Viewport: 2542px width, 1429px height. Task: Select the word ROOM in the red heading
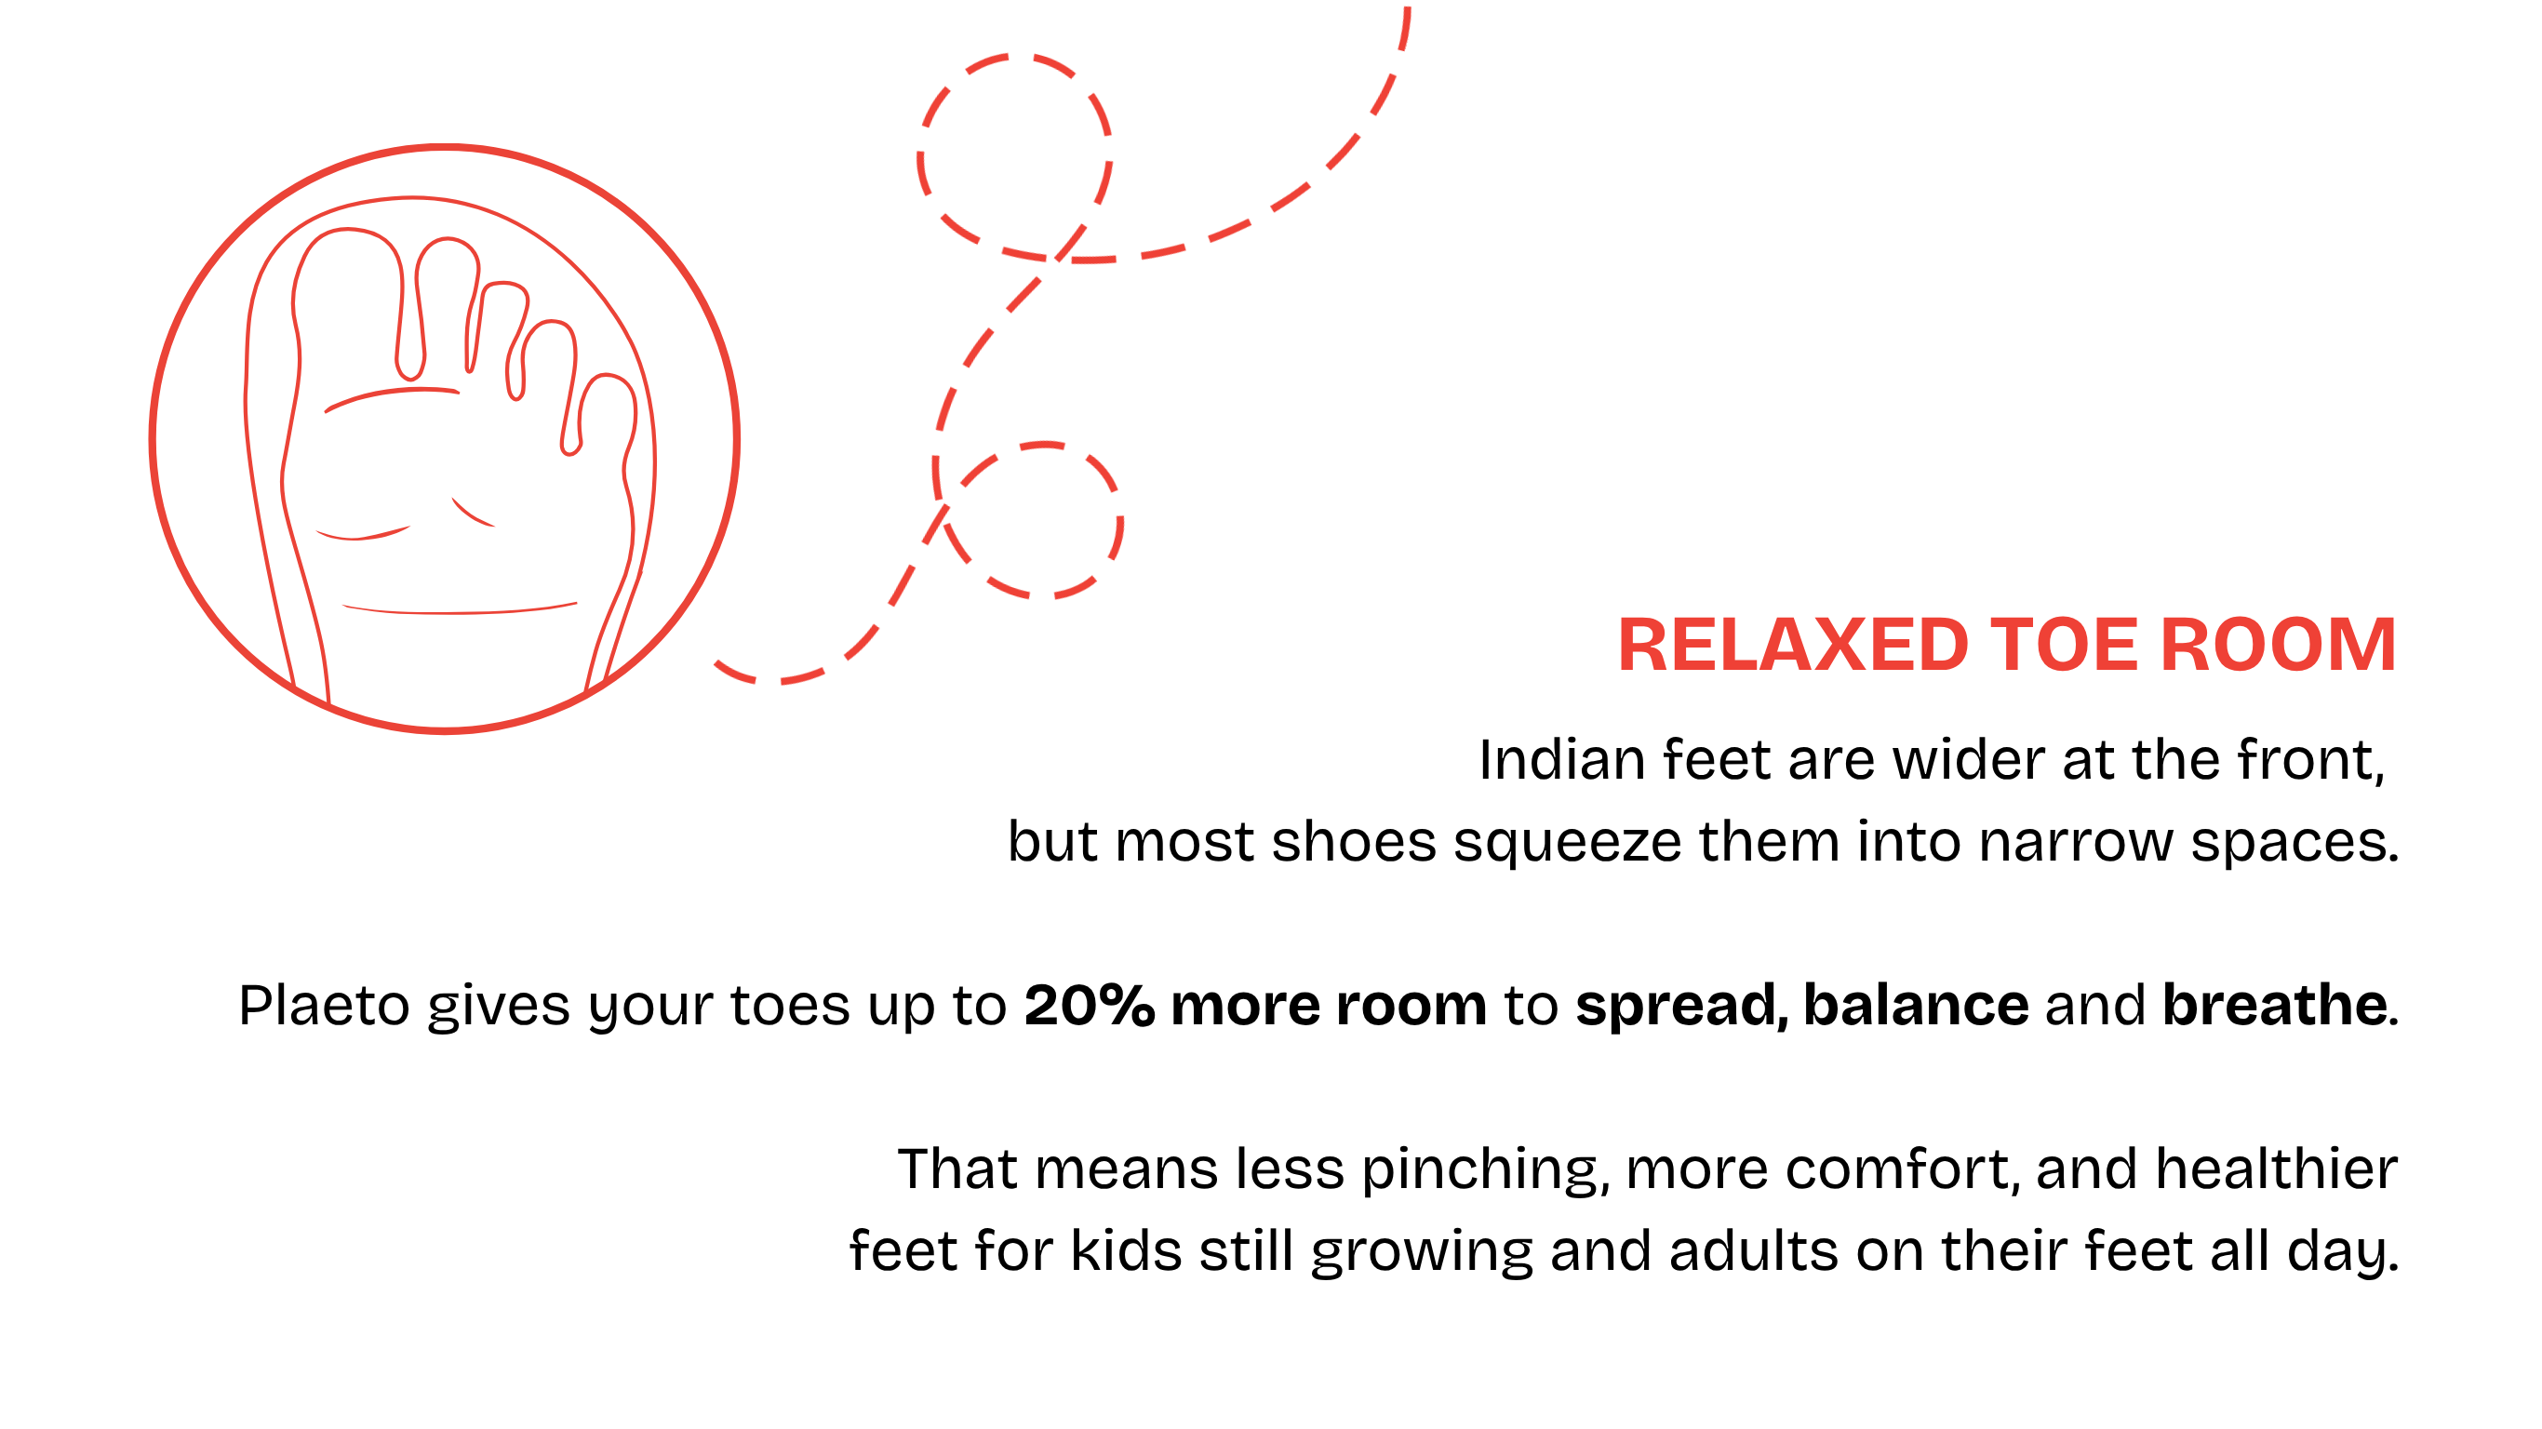[2279, 646]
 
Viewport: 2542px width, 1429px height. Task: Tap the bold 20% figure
[1090, 1006]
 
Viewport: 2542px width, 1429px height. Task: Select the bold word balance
[1917, 1006]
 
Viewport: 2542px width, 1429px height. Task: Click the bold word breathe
[2275, 1006]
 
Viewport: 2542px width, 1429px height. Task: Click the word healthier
[2277, 1169]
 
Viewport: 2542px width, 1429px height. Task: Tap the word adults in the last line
[1743, 1251]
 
